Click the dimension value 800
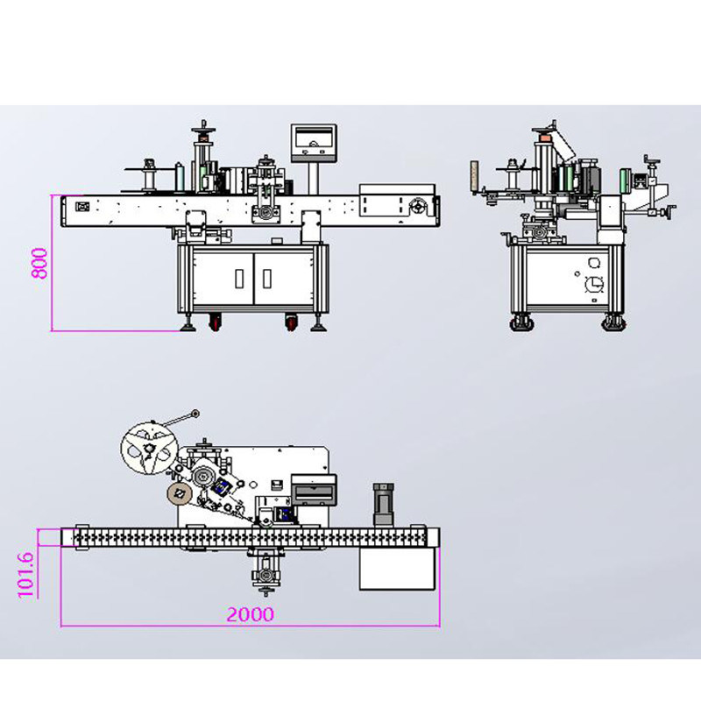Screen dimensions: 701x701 point(39,264)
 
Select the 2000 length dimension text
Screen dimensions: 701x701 point(250,614)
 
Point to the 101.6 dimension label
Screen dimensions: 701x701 point(25,575)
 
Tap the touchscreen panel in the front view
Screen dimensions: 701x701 point(314,143)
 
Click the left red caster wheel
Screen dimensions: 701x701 point(215,322)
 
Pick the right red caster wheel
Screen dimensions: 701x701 point(292,322)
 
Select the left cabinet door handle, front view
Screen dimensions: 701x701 point(239,278)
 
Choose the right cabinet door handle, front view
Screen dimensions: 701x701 point(267,278)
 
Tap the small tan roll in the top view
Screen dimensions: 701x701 point(180,493)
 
